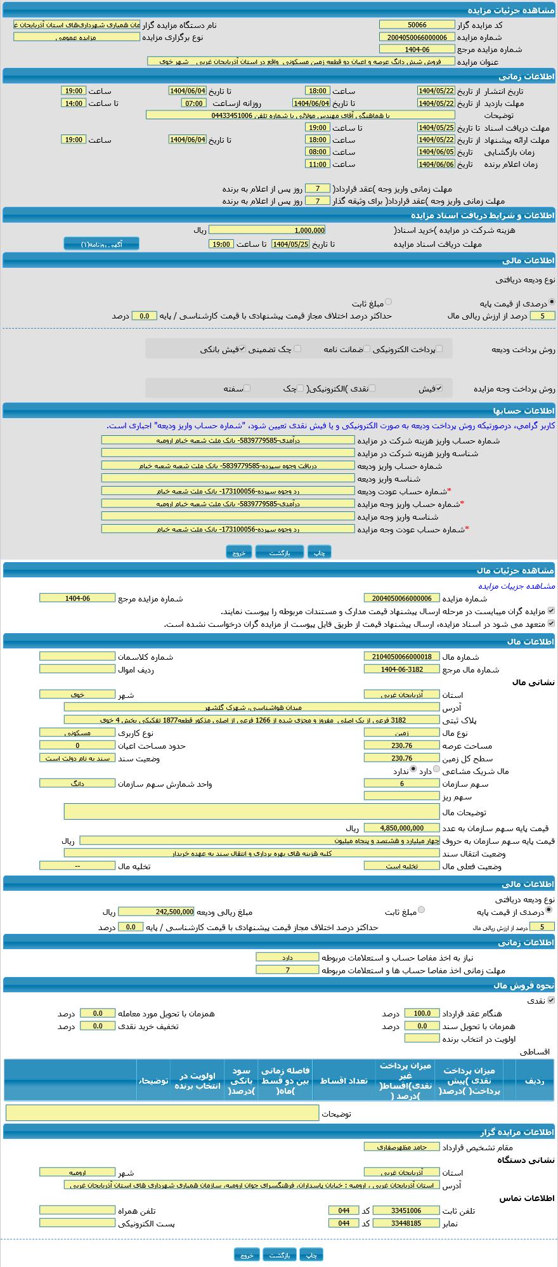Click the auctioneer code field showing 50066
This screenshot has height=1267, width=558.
click(417, 25)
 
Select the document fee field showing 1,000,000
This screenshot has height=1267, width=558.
click(267, 230)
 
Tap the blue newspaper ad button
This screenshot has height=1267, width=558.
click(101, 244)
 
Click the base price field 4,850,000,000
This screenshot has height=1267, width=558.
click(402, 828)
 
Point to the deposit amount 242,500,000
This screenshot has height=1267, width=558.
click(156, 912)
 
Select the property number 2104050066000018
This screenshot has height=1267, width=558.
click(402, 657)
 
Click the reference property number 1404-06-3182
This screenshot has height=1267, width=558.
click(402, 669)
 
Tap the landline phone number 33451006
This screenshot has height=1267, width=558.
click(406, 1211)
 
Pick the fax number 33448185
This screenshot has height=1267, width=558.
click(406, 1223)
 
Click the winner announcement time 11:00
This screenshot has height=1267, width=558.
click(317, 164)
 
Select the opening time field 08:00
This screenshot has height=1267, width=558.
click(317, 152)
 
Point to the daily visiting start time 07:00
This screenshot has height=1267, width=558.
click(193, 103)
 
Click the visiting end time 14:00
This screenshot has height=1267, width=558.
click(74, 103)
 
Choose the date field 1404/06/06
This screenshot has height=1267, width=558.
click(436, 164)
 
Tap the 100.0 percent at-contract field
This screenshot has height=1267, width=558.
click(422, 1013)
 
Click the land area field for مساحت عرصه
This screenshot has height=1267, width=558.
click(402, 745)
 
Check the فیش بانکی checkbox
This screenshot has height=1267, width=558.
click(242, 348)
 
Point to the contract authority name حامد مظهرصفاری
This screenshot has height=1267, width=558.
click(402, 1146)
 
